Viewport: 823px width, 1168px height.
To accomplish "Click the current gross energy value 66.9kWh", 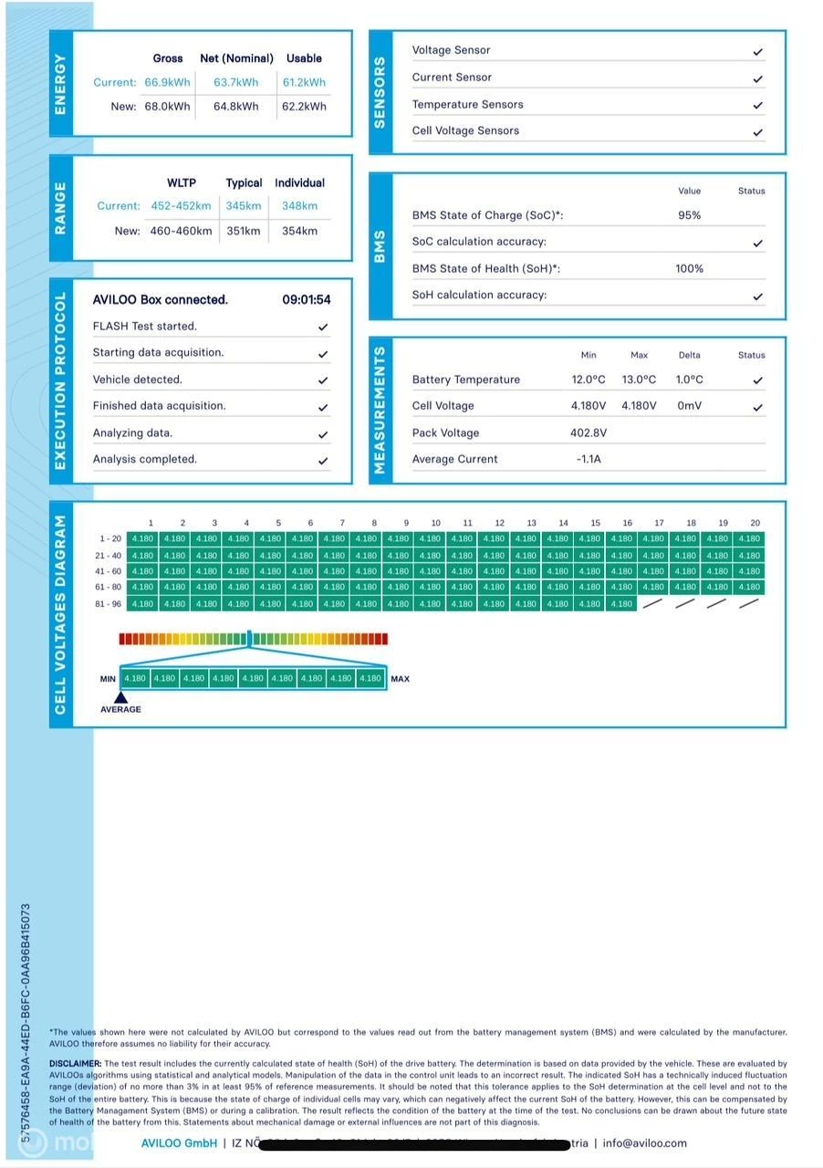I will pyautogui.click(x=167, y=82).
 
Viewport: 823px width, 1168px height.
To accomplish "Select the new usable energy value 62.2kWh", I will pyautogui.click(x=304, y=106).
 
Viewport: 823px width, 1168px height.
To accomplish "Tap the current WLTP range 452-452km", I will pyautogui.click(x=181, y=206).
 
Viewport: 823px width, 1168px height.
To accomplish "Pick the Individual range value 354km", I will pyautogui.click(x=299, y=231).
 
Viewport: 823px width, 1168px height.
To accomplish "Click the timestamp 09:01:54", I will pyautogui.click(x=306, y=299).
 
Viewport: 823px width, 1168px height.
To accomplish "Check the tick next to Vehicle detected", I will pyautogui.click(x=323, y=380).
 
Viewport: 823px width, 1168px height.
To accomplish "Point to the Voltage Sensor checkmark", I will pyautogui.click(x=757, y=51).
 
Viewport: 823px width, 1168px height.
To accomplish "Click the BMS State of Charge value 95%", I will pyautogui.click(x=689, y=215).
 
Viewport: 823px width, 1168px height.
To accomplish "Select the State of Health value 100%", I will pyautogui.click(x=689, y=268).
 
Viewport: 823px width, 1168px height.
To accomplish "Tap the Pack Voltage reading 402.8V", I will pyautogui.click(x=588, y=433).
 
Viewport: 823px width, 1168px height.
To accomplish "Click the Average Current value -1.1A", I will pyautogui.click(x=588, y=459).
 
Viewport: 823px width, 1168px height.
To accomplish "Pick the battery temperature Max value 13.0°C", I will pyautogui.click(x=639, y=380).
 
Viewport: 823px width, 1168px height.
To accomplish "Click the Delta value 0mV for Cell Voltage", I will pyautogui.click(x=689, y=406).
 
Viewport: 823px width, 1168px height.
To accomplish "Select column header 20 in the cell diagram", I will pyautogui.click(x=755, y=523).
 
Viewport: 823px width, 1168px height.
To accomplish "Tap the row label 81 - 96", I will pyautogui.click(x=109, y=603).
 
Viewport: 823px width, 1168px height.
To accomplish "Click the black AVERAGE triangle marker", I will pyautogui.click(x=120, y=697).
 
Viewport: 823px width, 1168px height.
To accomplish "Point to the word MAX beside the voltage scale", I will pyautogui.click(x=400, y=679).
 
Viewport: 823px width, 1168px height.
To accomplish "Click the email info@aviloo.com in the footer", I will pyautogui.click(x=644, y=1142).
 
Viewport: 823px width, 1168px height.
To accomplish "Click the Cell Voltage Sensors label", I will pyautogui.click(x=465, y=130).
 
